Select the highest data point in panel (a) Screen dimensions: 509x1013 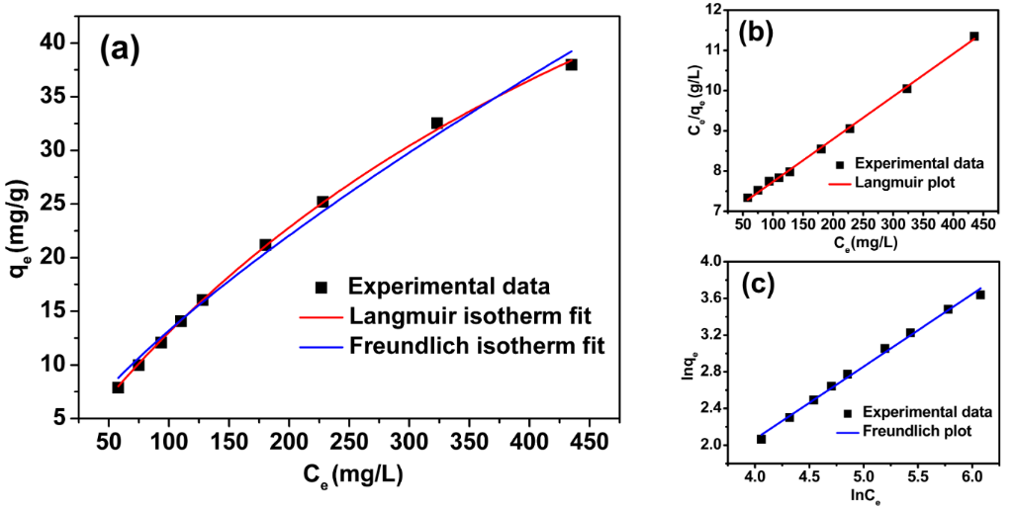tap(571, 64)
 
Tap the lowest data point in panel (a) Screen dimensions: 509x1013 tap(118, 387)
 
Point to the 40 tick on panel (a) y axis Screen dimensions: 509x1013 tap(81, 42)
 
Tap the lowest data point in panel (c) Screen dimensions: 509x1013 tap(761, 439)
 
